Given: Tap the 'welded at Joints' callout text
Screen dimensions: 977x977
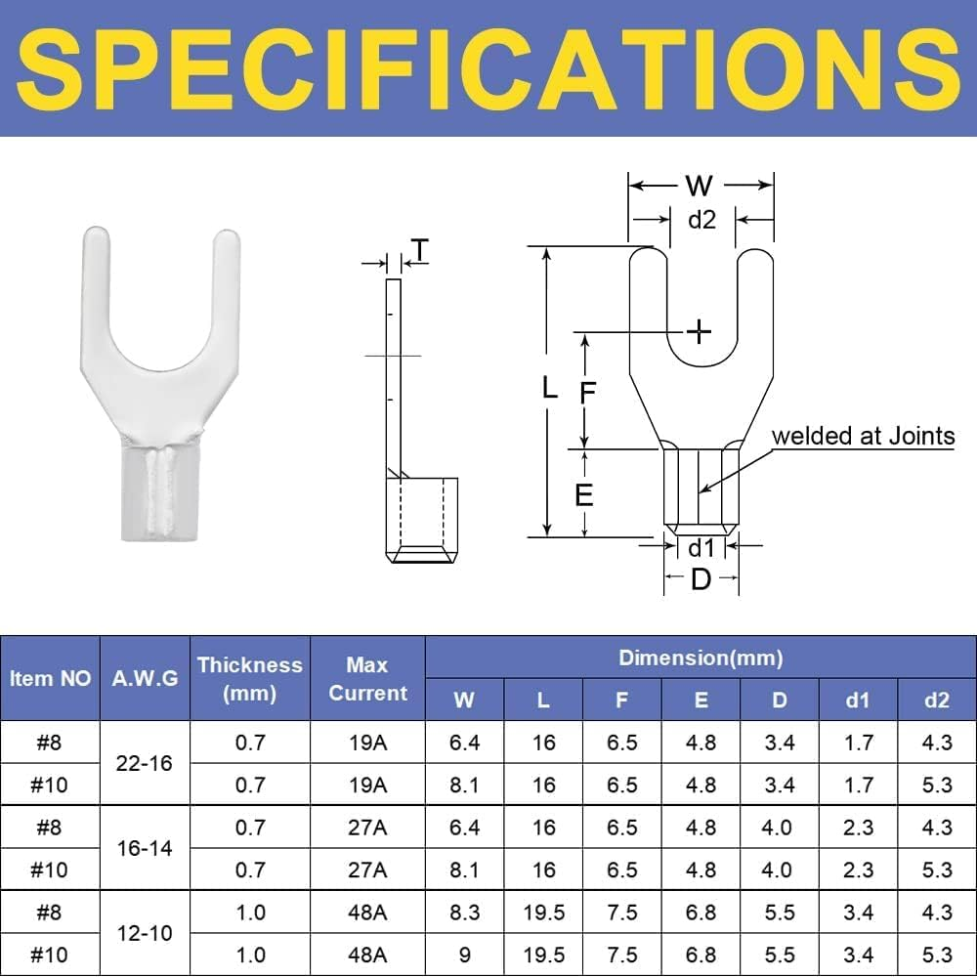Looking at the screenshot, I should (x=864, y=436).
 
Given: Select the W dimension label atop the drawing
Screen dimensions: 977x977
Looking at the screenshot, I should (x=700, y=186).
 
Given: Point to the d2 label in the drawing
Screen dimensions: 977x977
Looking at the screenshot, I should (x=701, y=220).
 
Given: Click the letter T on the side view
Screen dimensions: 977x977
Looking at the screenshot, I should (x=418, y=251).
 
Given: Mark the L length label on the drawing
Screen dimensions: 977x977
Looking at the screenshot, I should (x=551, y=389).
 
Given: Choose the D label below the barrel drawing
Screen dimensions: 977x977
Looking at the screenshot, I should (x=701, y=579).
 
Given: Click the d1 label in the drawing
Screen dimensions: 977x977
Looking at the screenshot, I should (x=701, y=547).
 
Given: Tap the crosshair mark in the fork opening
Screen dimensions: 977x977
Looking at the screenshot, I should (x=700, y=332).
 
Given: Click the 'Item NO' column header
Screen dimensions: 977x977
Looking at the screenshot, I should (x=51, y=679).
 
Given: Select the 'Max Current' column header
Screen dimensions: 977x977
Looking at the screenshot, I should (x=367, y=679).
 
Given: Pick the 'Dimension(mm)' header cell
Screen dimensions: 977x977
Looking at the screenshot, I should (x=701, y=658).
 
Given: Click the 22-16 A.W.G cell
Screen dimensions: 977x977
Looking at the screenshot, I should (x=145, y=763).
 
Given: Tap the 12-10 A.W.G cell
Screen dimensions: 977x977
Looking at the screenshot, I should (x=145, y=933).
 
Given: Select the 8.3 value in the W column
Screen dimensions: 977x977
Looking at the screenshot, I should (x=465, y=912).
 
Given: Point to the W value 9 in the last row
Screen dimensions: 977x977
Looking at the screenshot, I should (x=465, y=955).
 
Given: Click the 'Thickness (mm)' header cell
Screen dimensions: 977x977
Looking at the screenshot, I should (x=250, y=679).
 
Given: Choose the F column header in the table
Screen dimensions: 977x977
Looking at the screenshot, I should (x=622, y=701).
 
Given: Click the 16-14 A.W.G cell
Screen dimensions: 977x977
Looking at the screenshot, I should (x=145, y=848).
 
